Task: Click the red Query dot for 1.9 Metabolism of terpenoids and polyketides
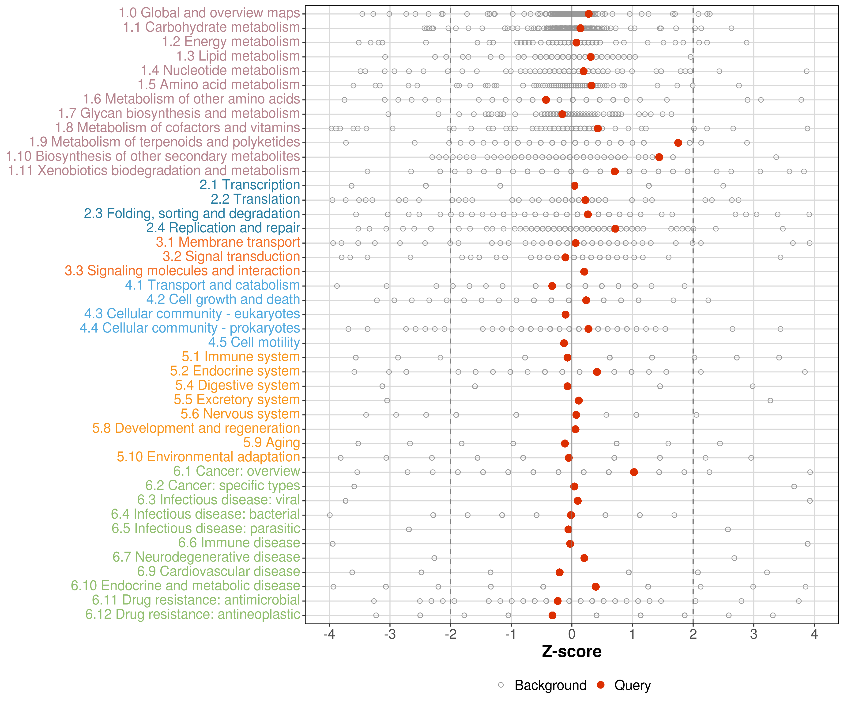(x=678, y=143)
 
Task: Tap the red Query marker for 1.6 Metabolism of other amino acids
(x=546, y=100)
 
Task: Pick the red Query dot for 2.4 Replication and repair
(x=615, y=229)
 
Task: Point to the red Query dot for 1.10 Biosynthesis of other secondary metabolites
(x=659, y=157)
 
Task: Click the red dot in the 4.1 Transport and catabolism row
(x=552, y=286)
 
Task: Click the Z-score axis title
(x=572, y=652)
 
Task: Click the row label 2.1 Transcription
(x=250, y=185)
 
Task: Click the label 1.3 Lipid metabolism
(x=238, y=56)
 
